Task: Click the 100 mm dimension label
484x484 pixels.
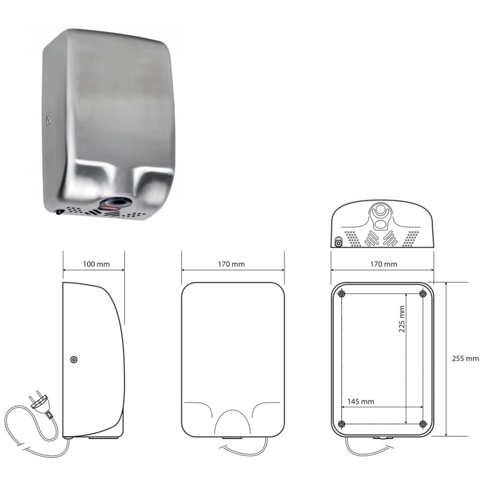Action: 96,264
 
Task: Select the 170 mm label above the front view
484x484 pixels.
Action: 231,264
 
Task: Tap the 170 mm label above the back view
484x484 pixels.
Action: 384,264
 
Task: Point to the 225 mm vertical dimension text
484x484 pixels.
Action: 402,319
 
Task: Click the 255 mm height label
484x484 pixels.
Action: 466,359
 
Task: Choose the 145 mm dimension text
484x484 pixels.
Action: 361,402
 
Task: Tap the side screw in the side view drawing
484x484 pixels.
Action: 74,360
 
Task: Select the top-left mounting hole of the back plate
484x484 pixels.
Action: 341,294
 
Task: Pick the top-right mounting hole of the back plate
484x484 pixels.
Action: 423,294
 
